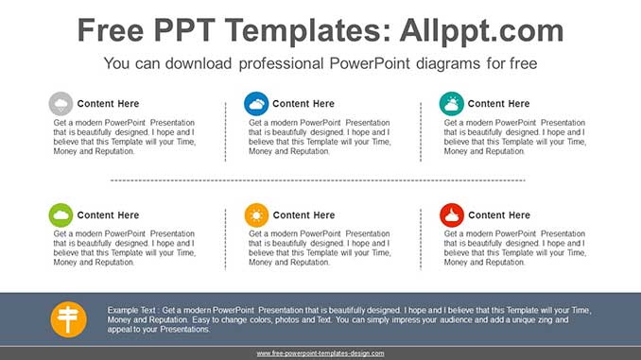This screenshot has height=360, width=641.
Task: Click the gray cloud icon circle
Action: click(x=61, y=104)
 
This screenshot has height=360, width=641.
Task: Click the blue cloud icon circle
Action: click(x=255, y=104)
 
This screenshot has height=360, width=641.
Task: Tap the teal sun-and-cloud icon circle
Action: click(x=451, y=104)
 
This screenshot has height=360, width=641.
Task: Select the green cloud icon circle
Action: click(x=61, y=215)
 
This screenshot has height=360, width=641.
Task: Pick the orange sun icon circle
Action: click(x=255, y=215)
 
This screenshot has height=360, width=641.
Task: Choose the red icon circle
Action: click(x=451, y=215)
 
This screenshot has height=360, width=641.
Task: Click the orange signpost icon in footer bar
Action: click(x=69, y=318)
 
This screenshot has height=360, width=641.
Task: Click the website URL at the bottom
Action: click(x=320, y=353)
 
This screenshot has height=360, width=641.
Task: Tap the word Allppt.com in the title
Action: click(x=470, y=31)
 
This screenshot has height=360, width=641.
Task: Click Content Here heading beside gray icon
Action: click(x=108, y=104)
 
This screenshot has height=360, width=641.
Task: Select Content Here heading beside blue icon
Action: click(x=303, y=104)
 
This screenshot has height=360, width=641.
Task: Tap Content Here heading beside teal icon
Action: click(x=498, y=104)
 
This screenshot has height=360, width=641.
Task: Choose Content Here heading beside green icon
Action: click(x=108, y=215)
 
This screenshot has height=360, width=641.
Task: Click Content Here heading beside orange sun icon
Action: click(x=303, y=215)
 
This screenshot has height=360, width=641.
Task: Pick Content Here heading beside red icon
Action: click(x=498, y=215)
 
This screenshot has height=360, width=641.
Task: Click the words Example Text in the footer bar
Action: click(x=131, y=310)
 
